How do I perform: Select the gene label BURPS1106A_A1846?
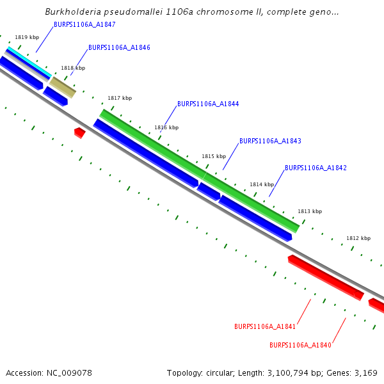coord(119,47)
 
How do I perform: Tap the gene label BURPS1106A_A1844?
coord(208,104)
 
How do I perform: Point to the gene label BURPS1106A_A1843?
coord(270,141)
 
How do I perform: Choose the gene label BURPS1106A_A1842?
coord(316,168)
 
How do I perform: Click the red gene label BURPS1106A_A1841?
coord(265,326)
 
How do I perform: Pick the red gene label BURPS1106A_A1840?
coord(300,345)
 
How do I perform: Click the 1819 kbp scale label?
coord(27,38)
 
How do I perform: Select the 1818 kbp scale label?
coord(73,68)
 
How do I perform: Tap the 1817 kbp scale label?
coord(120,98)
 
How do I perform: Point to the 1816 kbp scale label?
coord(166,127)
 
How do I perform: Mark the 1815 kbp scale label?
coord(214,156)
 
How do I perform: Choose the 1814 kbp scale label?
coord(262,184)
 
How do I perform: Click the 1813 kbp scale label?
coord(310,211)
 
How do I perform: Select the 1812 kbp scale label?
coord(358,238)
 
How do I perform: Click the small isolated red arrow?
coord(79,132)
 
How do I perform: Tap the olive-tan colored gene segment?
coord(63,86)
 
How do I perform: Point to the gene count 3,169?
coord(365,372)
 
